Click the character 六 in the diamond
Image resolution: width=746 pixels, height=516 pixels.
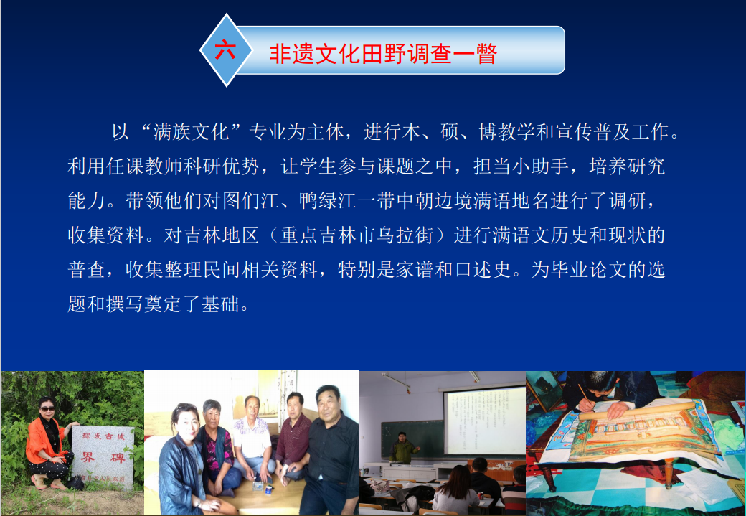(x=225, y=49)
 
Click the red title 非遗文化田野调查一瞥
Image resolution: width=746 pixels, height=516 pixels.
(x=384, y=53)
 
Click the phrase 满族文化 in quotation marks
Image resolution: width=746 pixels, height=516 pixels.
(x=192, y=132)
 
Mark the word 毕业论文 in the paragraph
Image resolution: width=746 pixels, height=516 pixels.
(x=589, y=270)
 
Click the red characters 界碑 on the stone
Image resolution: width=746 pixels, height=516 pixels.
(x=103, y=457)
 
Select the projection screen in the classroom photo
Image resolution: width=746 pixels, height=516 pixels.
(x=484, y=420)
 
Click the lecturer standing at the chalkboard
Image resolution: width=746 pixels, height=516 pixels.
(x=402, y=447)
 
